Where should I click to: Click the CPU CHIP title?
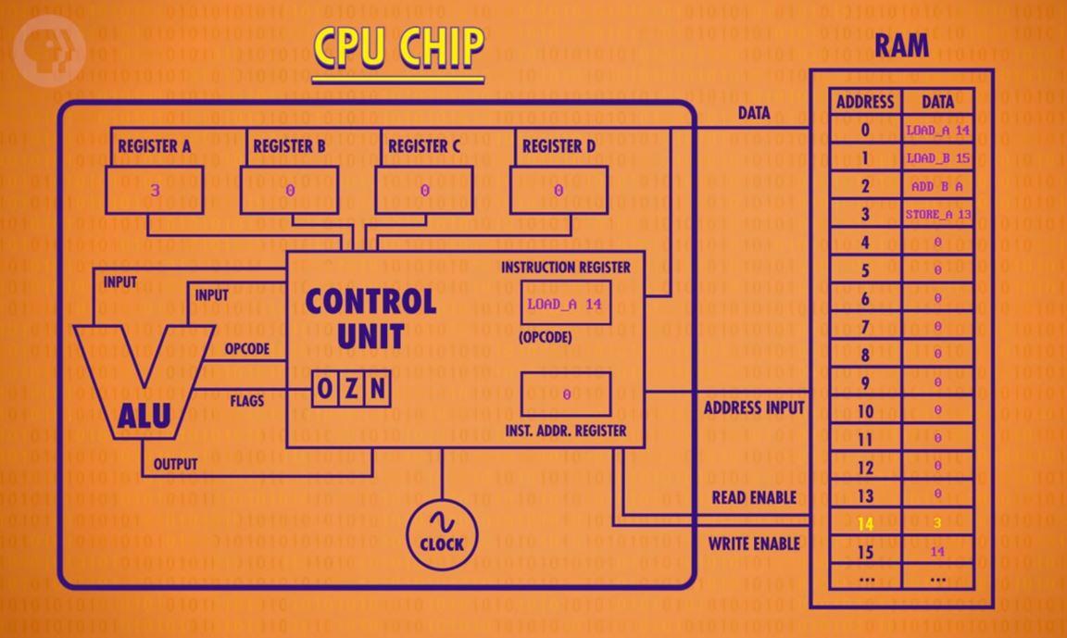tap(398, 48)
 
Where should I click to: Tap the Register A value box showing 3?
tap(155, 191)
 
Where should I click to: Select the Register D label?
tap(559, 146)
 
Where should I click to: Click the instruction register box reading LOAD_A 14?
tap(565, 304)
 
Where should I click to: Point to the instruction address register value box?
tap(565, 394)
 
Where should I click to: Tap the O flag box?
tap(324, 389)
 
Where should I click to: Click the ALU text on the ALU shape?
tap(144, 417)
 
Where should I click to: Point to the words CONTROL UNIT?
tap(370, 318)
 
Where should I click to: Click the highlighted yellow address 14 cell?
tap(865, 523)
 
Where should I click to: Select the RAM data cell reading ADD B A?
tap(937, 186)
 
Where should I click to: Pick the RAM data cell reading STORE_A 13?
tap(937, 215)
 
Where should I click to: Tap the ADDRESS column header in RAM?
tap(865, 102)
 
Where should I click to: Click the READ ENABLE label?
tap(754, 497)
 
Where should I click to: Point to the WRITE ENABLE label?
tap(754, 544)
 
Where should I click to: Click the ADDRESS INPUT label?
tap(754, 407)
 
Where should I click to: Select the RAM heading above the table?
tap(901, 46)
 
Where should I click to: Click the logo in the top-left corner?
tap(48, 47)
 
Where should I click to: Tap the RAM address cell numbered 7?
tap(865, 327)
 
